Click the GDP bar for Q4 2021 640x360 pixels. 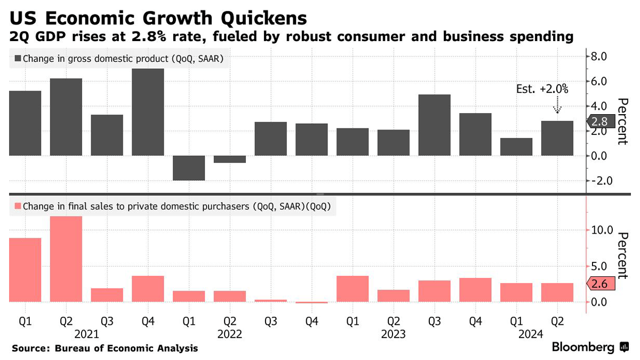pos(148,112)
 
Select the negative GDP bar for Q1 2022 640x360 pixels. pos(189,168)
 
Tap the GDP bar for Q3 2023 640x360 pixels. pos(434,125)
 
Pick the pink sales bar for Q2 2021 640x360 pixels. pos(66,259)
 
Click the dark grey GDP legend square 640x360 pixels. pos(18,59)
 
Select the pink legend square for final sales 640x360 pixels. pos(18,206)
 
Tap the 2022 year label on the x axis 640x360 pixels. pos(230,335)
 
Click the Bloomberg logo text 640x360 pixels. pos(583,348)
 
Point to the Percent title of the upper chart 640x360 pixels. pos(622,122)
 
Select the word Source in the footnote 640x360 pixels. pos(29,348)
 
